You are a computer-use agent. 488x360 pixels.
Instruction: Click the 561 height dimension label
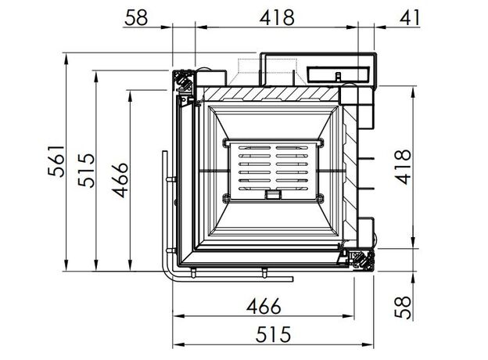coord(56,161)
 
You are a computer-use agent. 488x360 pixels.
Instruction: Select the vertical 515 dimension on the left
coord(86,170)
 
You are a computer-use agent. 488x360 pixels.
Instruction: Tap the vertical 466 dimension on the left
coord(120,180)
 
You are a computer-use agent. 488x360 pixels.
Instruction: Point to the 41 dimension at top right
coord(410,18)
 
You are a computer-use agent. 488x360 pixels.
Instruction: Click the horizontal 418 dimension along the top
coord(277,18)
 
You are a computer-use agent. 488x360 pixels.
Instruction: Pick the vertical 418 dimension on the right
coord(403,167)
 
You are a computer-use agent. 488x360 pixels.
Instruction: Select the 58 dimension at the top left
coord(136,18)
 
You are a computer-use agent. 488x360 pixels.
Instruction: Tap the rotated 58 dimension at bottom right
coord(403,307)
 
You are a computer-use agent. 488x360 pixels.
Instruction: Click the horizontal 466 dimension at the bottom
coord(264,307)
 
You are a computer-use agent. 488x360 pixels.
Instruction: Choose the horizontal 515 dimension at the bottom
coord(273,334)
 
